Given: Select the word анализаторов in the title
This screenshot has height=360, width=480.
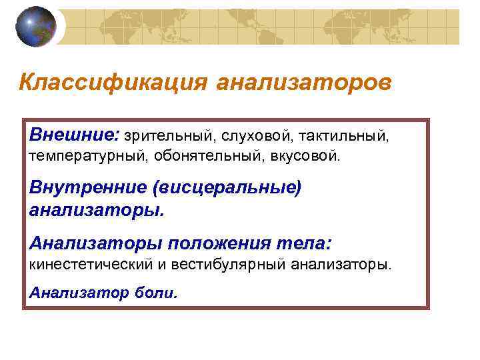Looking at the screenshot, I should pyautogui.click(x=304, y=83).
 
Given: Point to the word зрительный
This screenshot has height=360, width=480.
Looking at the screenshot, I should pyautogui.click(x=167, y=137).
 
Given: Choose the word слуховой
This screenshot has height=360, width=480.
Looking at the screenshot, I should pyautogui.click(x=254, y=137).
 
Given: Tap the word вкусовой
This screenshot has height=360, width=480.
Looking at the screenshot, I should pyautogui.click(x=307, y=158).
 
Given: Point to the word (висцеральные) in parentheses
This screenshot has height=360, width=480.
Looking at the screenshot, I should pyautogui.click(x=227, y=187).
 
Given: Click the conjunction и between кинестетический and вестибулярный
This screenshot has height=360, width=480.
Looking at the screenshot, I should pyautogui.click(x=161, y=265).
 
